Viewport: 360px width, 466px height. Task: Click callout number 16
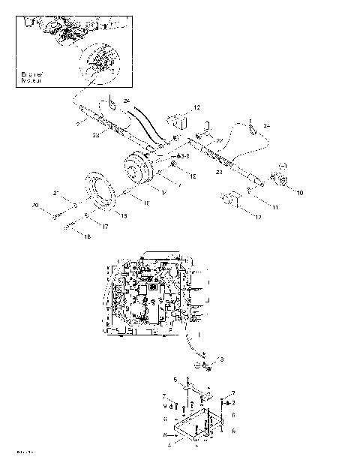point(87,236)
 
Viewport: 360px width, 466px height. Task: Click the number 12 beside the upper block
point(196,108)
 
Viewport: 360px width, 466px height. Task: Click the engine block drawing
point(150,296)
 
